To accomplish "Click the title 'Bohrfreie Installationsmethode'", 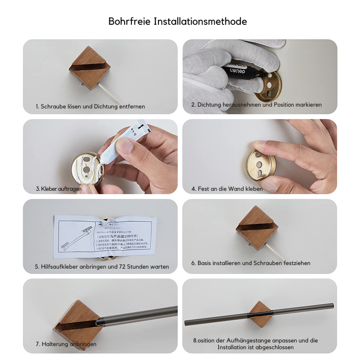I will pos(177,21).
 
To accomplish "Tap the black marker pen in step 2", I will pos(245,72).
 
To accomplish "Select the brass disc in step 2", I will pos(269,86).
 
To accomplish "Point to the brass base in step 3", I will pos(88,170).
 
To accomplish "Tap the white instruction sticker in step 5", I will pos(105,236).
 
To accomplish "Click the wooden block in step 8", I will pos(260,314).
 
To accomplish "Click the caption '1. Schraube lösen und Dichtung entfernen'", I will pos(90,107).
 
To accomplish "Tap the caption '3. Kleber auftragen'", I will pos(59,189).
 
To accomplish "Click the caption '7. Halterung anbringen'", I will pos(66,344).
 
